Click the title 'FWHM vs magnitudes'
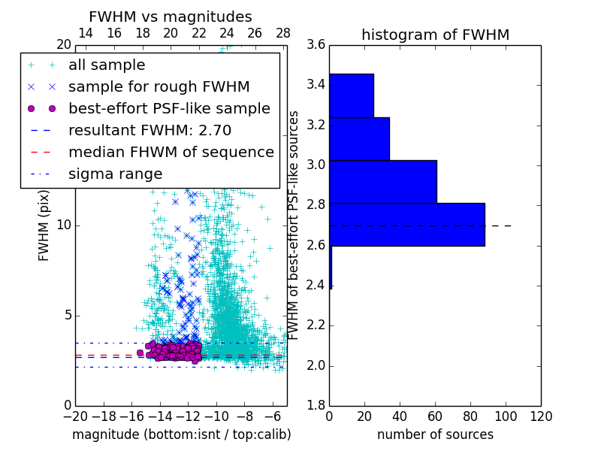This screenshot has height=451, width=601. pos(170,17)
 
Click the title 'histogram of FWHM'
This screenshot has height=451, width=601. pos(435,35)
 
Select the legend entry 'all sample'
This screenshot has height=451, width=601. pos(107,65)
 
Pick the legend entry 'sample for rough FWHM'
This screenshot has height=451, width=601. pos(159,87)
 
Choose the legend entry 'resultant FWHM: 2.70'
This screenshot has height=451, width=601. pos(149,130)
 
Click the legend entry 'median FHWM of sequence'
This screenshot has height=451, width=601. pos(171,152)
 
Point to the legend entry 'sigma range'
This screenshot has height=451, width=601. pos(115,174)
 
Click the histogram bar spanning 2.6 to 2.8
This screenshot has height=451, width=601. pos(406,225)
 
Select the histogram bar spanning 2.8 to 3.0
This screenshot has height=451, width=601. pos(382,182)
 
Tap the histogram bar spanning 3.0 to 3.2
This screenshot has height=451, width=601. pos(359,139)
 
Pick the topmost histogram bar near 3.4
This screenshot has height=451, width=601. pos(351,95)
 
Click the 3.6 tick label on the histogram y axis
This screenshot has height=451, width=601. pos(316,45)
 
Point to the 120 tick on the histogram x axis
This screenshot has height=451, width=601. pos(540,416)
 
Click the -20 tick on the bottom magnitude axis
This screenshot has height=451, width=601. pos(75,416)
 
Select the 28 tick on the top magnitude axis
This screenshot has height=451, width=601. pos(283,33)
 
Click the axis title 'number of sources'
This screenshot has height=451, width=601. pos(435,434)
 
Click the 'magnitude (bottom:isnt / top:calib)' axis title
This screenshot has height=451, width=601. pos(181,434)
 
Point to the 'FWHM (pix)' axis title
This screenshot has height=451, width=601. pos(44,225)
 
